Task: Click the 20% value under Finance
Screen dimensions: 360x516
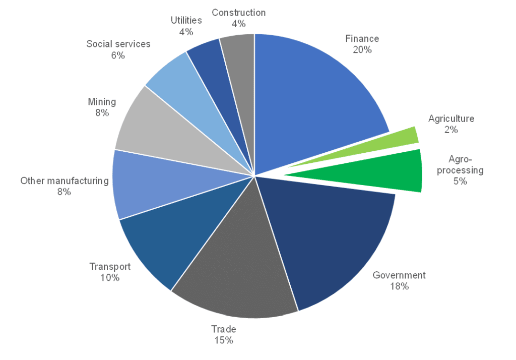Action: coord(362,49)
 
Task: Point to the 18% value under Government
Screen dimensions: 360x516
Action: coord(399,286)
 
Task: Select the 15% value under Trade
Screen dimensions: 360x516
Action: coord(223,340)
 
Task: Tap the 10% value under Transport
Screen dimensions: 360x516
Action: coord(110,278)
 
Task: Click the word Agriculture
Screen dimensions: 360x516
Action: coord(451,119)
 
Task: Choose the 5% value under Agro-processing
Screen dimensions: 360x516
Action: coord(460,181)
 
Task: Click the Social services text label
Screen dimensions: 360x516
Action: coord(118,44)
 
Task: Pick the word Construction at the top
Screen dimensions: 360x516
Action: coord(238,13)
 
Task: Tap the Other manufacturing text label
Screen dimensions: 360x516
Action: coord(64,181)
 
